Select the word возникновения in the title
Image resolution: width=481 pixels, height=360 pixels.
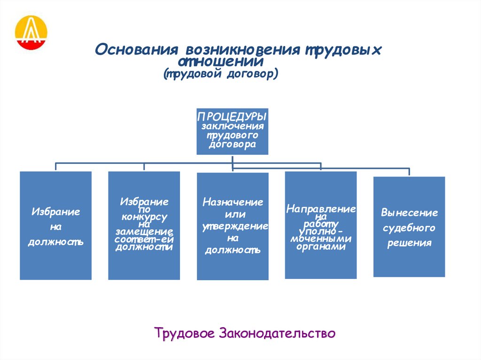242,50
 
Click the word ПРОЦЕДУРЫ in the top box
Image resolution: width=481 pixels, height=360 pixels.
232,116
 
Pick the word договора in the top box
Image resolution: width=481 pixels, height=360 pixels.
233,145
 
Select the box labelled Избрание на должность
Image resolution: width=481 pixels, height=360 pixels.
55,226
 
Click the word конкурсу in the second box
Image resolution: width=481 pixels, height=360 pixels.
144,217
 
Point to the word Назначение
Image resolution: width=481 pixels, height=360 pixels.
233,202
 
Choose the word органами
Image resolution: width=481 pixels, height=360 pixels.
321,246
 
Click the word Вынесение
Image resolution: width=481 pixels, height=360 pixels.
409,213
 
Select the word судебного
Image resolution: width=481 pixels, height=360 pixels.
409,228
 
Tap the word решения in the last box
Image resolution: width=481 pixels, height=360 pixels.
409,244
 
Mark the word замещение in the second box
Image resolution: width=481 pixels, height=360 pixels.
144,232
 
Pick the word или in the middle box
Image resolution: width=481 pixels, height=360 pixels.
233,214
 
